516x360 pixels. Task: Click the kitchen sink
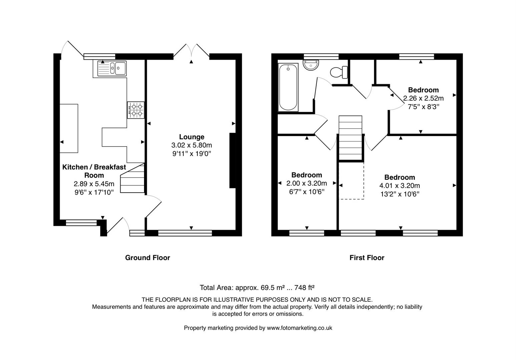[112, 68]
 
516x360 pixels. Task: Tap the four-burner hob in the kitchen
[136, 110]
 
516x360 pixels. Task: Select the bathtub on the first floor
[288, 87]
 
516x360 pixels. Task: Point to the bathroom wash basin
[311, 65]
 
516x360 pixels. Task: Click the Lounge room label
[191, 137]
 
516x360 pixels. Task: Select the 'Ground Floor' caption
[147, 258]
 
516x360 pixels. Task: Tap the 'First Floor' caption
[367, 258]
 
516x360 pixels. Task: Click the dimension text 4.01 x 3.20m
[399, 186]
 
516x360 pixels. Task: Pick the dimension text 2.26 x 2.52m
[423, 98]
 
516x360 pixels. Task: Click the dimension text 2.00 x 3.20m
[306, 183]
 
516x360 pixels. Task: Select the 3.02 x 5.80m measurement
[191, 145]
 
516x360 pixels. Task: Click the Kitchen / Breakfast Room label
[94, 171]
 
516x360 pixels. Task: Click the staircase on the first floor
[350, 138]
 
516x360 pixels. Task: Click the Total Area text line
[257, 288]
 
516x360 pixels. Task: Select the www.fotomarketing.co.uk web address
[299, 328]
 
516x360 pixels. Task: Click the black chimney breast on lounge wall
[232, 161]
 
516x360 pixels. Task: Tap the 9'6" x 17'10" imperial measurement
[94, 192]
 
